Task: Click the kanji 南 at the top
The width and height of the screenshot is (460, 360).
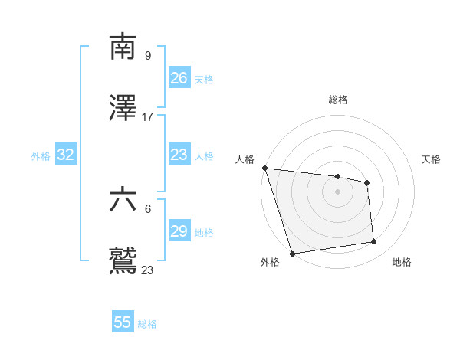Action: point(123,47)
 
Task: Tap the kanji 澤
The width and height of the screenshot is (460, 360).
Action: point(123,109)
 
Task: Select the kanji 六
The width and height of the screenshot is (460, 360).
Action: point(123,201)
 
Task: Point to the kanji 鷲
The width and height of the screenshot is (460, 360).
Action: point(123,261)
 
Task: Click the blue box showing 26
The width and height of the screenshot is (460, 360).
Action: point(179,78)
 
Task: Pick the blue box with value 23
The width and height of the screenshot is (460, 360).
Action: point(179,155)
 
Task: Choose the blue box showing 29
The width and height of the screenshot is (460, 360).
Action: point(179,231)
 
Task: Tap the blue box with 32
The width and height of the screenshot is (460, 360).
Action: point(66,155)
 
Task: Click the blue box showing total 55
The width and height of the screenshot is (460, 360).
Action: point(123,322)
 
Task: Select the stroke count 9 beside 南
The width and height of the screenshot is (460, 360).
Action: point(148,55)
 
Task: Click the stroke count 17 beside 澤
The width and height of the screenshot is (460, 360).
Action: point(148,117)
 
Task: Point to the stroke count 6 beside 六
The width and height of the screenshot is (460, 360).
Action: point(148,208)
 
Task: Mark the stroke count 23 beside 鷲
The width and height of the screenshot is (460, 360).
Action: point(148,270)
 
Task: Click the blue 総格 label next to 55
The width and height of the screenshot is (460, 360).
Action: point(147,324)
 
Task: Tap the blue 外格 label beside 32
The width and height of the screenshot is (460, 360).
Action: point(41,156)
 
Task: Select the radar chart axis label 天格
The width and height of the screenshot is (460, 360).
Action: point(431,159)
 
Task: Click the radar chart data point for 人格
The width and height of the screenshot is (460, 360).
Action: point(264,168)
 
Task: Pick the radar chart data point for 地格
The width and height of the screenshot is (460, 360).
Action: point(374,242)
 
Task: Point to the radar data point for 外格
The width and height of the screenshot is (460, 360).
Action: point(292,253)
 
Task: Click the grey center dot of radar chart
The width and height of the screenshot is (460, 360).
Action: point(337,191)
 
